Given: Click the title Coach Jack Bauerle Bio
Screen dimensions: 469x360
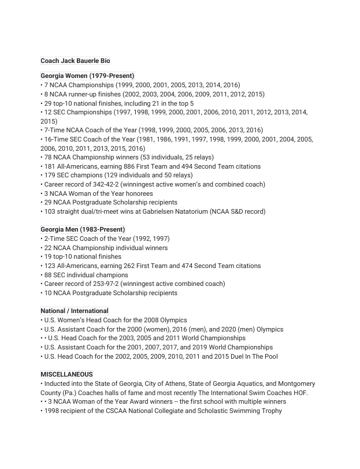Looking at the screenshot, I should click(x=75, y=61).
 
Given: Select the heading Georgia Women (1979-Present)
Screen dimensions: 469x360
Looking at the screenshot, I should click(x=87, y=76).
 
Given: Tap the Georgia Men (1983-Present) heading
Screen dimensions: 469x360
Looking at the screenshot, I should click(x=83, y=229).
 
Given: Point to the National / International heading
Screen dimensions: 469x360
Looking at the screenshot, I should click(x=75, y=311).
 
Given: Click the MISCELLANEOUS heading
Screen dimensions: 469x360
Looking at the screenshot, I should click(x=66, y=374).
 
